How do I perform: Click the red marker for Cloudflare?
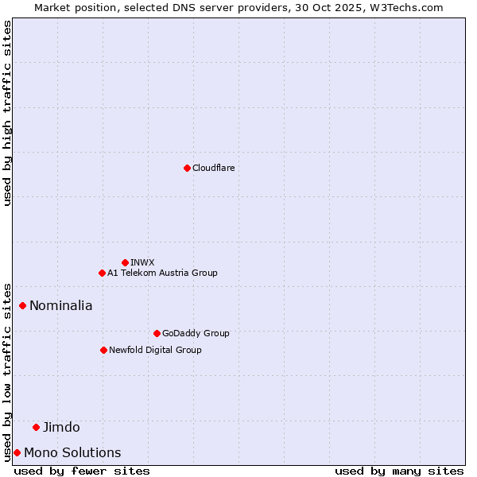point(187,168)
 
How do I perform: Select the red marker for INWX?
point(125,262)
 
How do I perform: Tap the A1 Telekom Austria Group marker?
point(102,273)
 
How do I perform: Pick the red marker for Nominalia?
point(23,305)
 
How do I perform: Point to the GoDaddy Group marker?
point(157,333)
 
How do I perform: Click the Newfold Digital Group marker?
point(103,350)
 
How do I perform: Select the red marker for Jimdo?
point(36,427)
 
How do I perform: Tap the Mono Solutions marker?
point(17,452)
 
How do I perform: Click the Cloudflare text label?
point(213,168)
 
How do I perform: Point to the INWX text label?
point(142,262)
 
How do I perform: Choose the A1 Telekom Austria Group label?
point(162,273)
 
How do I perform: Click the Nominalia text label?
point(60,305)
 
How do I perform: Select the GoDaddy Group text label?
point(196,333)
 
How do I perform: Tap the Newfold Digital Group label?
point(155,350)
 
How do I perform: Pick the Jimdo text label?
point(61,427)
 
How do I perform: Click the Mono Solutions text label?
point(72,452)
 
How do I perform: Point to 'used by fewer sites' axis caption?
point(82,471)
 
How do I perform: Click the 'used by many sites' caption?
point(399,471)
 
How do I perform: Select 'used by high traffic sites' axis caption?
point(7,113)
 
